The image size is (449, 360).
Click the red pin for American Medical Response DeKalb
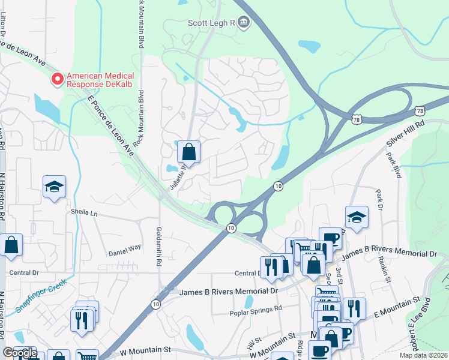click(x=58, y=79)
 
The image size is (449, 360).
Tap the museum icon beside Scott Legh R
click(x=244, y=23)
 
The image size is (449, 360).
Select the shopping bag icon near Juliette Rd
click(x=189, y=153)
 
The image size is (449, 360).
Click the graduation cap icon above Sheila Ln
click(x=54, y=187)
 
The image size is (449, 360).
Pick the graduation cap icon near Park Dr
click(x=357, y=218)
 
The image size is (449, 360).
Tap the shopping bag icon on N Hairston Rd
click(x=11, y=245)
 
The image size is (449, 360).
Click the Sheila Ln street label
click(x=84, y=212)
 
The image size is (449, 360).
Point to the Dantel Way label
click(x=125, y=247)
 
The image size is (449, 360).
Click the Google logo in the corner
click(x=20, y=353)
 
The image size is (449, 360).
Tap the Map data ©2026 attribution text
click(x=423, y=355)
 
